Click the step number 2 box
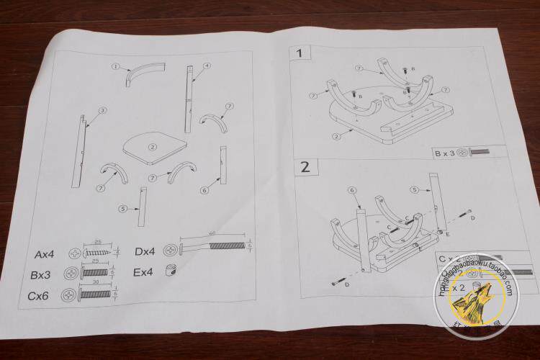point(305,167)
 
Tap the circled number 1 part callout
point(115,66)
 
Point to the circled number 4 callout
point(207,66)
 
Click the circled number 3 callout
point(103,110)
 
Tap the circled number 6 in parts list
point(204,190)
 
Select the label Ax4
point(45,254)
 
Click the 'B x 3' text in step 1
point(444,154)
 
